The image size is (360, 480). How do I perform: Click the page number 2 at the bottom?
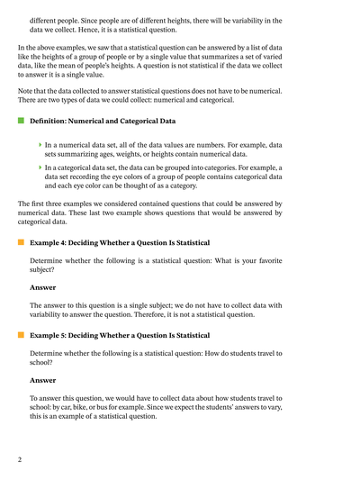[x=19, y=460]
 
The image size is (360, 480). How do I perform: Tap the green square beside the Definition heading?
[x=20, y=120]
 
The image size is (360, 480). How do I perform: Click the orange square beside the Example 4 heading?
[x=20, y=243]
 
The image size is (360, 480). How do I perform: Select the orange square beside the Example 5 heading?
[x=20, y=335]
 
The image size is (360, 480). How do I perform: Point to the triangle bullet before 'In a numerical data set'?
[x=40, y=144]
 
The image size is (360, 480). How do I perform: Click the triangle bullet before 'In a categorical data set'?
[x=40, y=167]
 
